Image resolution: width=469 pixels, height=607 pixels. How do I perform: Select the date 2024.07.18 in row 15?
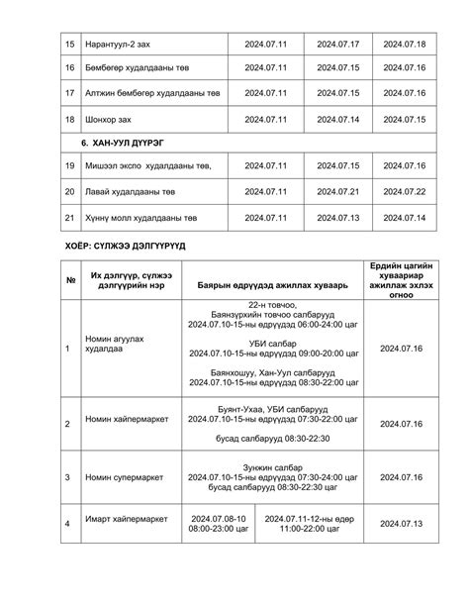(x=404, y=45)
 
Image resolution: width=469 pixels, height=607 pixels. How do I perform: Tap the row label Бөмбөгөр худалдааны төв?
(x=140, y=68)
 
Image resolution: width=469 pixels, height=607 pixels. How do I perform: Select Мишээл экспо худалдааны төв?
(x=143, y=165)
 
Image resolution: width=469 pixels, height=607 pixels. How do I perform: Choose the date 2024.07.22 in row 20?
(x=404, y=191)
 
